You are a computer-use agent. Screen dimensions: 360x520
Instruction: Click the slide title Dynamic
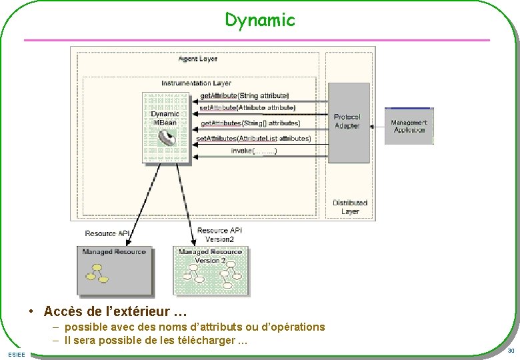[259, 21]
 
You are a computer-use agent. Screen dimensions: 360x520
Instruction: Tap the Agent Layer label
[198, 59]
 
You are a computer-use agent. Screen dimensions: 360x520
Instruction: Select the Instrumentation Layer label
[197, 83]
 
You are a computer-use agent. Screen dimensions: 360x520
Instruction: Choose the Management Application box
[409, 126]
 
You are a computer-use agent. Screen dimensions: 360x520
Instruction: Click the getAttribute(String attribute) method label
[245, 96]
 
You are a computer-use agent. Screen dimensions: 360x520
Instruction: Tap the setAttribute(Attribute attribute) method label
[248, 107]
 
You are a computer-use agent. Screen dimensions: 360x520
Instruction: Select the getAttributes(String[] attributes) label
[251, 123]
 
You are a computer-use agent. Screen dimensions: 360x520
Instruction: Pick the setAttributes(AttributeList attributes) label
[254, 139]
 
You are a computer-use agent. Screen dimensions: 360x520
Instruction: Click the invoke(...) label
[254, 151]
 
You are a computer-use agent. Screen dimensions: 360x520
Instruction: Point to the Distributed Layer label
[350, 207]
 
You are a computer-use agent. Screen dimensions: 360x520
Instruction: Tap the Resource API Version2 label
[219, 235]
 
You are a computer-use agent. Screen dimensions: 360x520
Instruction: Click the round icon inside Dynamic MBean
[167, 139]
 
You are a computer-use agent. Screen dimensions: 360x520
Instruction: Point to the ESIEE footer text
[17, 353]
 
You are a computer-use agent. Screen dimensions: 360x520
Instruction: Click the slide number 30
[510, 351]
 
